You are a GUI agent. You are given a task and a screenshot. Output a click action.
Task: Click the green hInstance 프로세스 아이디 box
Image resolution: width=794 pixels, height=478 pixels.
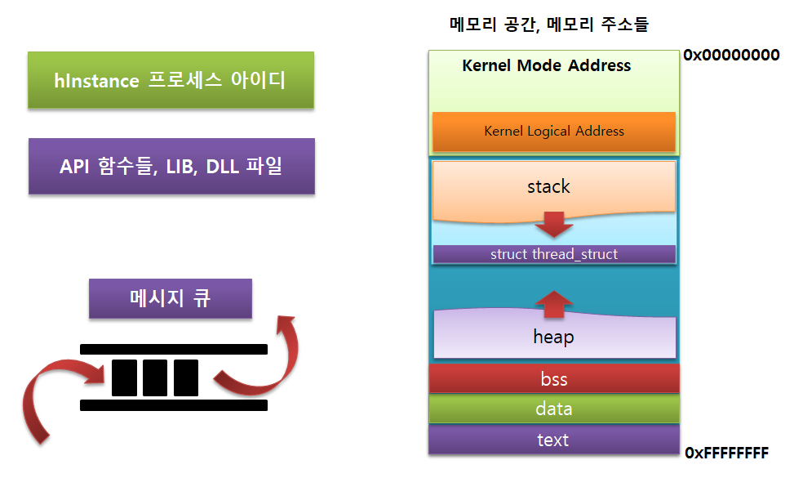tap(171, 79)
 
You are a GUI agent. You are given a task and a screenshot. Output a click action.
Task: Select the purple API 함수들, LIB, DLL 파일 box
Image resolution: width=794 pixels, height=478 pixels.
tap(171, 166)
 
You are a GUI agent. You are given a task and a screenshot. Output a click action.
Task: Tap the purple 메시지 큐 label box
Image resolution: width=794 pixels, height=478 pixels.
tap(170, 298)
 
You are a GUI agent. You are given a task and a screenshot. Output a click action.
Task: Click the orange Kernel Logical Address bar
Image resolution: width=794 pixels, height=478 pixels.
tap(554, 132)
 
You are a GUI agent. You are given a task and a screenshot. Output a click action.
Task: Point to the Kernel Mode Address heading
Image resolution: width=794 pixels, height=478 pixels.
tap(547, 65)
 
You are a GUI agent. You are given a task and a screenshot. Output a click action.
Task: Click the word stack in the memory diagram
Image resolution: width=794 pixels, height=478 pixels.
tap(548, 186)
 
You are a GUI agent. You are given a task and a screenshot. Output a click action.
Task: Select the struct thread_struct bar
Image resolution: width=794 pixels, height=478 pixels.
tap(554, 254)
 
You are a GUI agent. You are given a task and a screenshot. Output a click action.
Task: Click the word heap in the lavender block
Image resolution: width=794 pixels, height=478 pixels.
tap(553, 337)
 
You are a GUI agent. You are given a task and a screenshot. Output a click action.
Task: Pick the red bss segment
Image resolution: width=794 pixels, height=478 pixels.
tap(554, 378)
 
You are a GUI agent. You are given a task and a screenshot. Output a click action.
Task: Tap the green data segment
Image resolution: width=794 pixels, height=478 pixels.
tap(554, 409)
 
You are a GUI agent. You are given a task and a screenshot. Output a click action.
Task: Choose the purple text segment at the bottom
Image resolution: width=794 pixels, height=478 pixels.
tap(554, 440)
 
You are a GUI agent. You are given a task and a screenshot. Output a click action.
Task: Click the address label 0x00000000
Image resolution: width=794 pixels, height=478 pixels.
tap(731, 55)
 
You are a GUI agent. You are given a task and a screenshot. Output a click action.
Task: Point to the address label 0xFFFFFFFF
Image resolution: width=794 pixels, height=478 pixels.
tap(726, 453)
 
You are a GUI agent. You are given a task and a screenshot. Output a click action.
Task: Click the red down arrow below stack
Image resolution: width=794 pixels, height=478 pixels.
tap(554, 225)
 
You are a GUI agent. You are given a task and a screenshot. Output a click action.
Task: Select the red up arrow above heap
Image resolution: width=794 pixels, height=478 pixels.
tap(554, 304)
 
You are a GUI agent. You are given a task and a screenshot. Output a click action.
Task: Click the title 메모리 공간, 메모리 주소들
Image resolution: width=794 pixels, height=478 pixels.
tap(549, 25)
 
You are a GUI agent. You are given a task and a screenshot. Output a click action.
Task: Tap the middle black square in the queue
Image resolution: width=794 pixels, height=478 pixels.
tap(155, 377)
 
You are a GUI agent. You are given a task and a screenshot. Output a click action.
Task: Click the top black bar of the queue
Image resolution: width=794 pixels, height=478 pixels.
tap(174, 349)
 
